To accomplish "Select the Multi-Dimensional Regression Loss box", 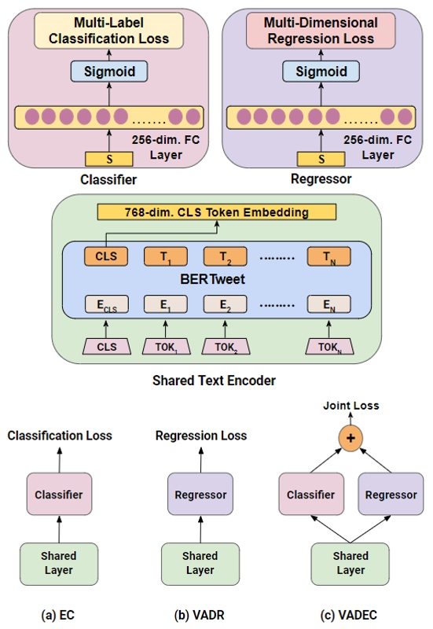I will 320,30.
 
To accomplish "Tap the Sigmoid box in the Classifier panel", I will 109,72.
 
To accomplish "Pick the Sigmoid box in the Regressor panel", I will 320,72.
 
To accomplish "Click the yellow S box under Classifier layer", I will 109,160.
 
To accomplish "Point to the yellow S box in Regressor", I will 320,160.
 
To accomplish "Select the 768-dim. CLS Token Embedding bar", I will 215,212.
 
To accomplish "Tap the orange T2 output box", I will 222,256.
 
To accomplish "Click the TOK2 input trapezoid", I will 222,346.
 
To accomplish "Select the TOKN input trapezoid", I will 328,346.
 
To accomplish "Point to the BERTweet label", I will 214,279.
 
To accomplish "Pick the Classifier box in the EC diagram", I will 60,495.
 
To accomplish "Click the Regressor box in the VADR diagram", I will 200,495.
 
